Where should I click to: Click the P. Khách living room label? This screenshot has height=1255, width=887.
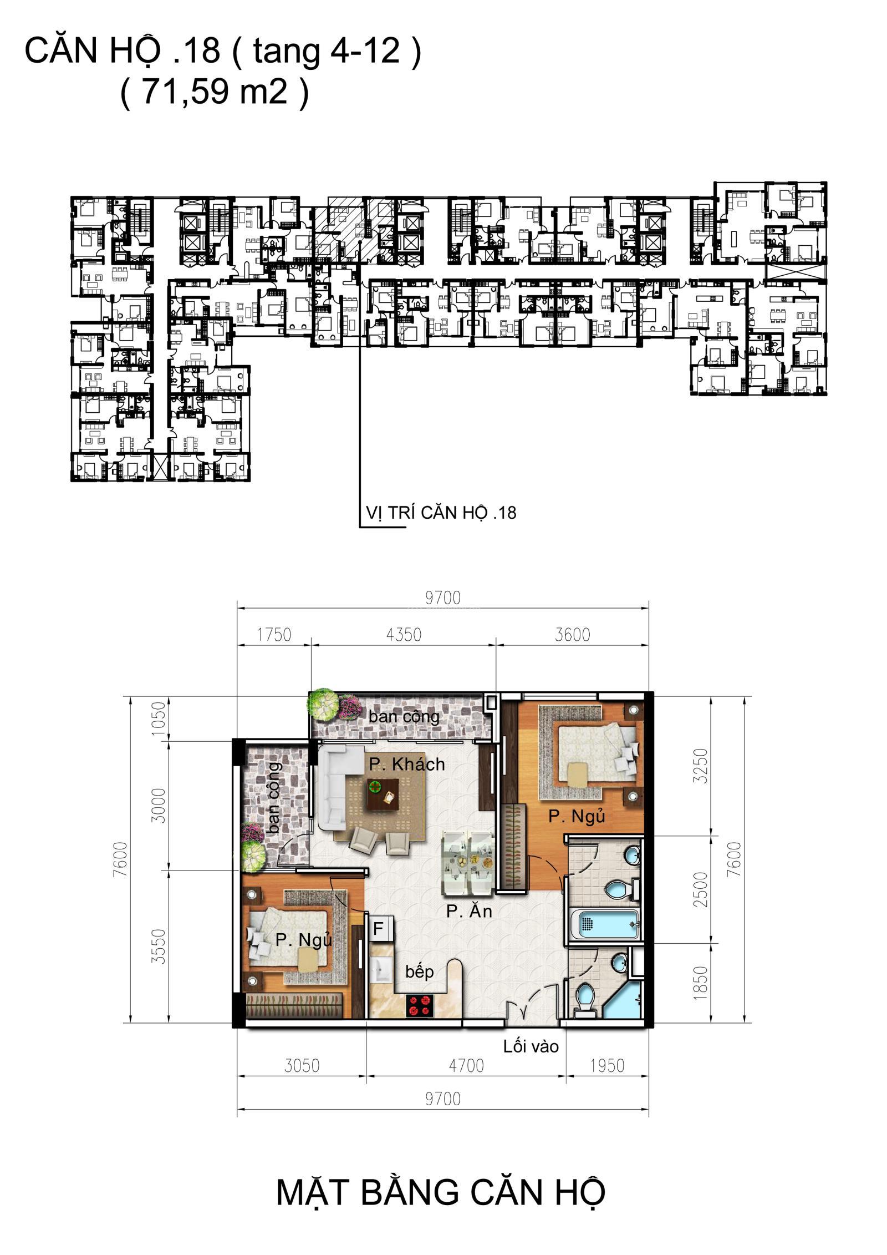407,764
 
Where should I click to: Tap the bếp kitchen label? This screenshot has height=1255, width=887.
419,972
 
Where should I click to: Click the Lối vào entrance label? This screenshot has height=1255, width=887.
531,1046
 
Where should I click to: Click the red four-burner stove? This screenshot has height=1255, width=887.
420,1005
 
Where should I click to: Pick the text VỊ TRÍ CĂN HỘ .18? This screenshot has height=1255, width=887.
441,512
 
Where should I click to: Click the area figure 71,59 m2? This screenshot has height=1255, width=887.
214,91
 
